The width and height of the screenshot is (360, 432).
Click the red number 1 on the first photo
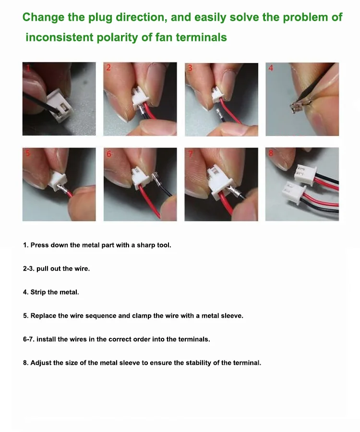click(28, 68)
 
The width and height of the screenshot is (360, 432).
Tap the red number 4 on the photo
click(271, 68)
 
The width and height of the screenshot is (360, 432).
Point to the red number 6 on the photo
click(109, 154)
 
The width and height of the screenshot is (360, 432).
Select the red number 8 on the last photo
click(271, 153)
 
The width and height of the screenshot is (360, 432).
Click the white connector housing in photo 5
click(59, 181)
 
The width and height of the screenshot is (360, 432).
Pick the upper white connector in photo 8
click(305, 173)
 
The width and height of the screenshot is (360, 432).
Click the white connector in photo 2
click(140, 99)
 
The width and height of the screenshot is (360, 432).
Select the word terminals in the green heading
click(201, 37)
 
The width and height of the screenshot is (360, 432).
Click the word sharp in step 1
click(146, 245)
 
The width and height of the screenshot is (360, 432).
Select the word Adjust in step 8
click(40, 363)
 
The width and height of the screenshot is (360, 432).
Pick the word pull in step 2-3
click(42, 269)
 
